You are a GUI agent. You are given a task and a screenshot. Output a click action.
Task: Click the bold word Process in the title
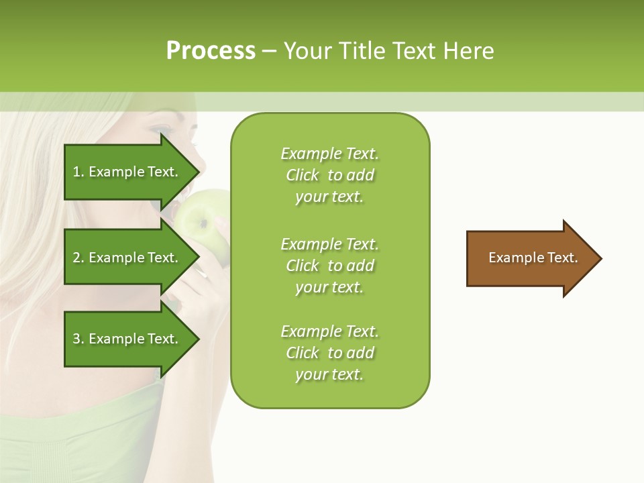point(211,51)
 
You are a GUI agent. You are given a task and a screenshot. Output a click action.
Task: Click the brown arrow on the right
point(530,258)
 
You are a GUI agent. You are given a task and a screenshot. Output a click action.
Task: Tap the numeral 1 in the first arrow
point(76,172)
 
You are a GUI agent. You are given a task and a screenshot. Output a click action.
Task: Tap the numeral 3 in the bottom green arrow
point(76,339)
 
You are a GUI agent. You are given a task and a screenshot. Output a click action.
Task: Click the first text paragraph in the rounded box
point(329,175)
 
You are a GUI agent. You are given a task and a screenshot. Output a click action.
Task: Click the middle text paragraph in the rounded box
point(329,265)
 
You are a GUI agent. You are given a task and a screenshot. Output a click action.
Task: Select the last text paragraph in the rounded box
point(329,353)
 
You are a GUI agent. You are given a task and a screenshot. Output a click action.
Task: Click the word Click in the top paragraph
point(302,175)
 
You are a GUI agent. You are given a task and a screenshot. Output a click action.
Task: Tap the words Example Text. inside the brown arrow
point(533,258)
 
